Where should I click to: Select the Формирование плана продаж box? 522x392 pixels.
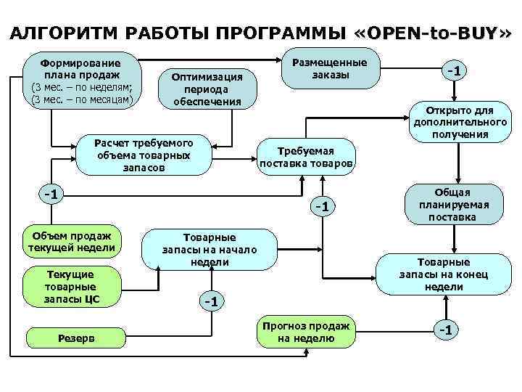point(80,79)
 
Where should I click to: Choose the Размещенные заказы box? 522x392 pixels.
point(330,69)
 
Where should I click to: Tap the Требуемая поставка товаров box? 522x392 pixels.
point(307,157)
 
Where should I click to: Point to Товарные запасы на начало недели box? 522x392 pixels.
point(210,249)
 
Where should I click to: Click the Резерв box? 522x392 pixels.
point(70,338)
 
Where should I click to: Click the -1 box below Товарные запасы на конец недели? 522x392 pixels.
point(446,330)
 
